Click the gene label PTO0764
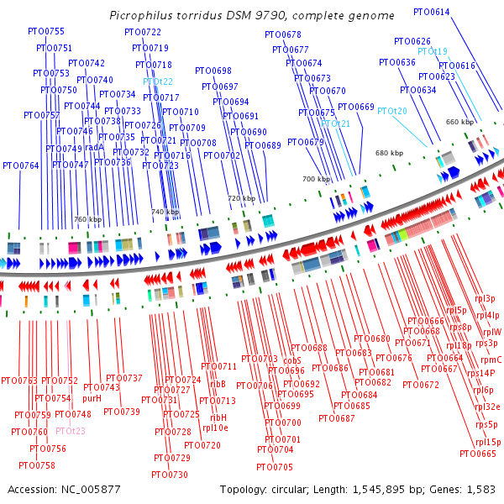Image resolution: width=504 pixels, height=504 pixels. (x=21, y=165)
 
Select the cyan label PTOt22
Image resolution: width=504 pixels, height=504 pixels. (x=158, y=81)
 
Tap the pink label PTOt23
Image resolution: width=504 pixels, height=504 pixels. (x=71, y=431)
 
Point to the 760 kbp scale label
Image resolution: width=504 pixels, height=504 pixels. (x=87, y=219)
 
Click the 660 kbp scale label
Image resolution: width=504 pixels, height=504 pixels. (x=459, y=122)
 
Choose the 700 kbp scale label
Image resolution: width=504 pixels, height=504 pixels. (x=316, y=179)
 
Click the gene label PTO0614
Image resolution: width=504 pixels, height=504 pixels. (x=432, y=12)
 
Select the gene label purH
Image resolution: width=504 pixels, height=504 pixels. (x=92, y=398)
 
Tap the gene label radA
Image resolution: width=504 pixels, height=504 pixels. (x=94, y=147)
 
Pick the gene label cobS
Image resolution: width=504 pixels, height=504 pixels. (x=292, y=360)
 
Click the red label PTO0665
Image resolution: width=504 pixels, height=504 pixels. (x=478, y=454)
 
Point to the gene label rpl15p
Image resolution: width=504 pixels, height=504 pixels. (x=488, y=442)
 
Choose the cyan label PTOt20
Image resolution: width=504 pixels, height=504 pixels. (x=391, y=111)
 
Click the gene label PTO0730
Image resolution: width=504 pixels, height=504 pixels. (x=170, y=475)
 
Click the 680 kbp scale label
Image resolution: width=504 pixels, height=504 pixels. (x=389, y=153)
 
